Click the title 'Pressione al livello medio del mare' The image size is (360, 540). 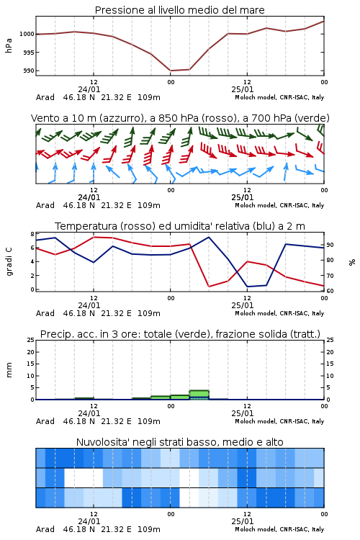179,10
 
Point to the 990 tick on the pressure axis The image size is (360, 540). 29,71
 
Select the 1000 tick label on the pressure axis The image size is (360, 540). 27,34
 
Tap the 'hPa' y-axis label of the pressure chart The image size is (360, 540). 9,45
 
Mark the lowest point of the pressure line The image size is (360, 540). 170,71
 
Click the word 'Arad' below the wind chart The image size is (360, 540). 45,205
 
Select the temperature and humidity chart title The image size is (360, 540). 179,226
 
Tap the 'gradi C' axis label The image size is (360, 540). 9,262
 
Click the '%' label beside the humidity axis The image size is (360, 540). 352,262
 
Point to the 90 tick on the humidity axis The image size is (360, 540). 330,245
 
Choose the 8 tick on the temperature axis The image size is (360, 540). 32,234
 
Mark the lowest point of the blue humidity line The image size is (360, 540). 248,287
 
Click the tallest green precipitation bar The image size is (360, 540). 199,395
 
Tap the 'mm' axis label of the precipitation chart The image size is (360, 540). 9,370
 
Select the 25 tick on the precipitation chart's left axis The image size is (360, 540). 31,340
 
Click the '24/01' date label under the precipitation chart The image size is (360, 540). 89,413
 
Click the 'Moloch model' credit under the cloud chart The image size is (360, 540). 256,529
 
